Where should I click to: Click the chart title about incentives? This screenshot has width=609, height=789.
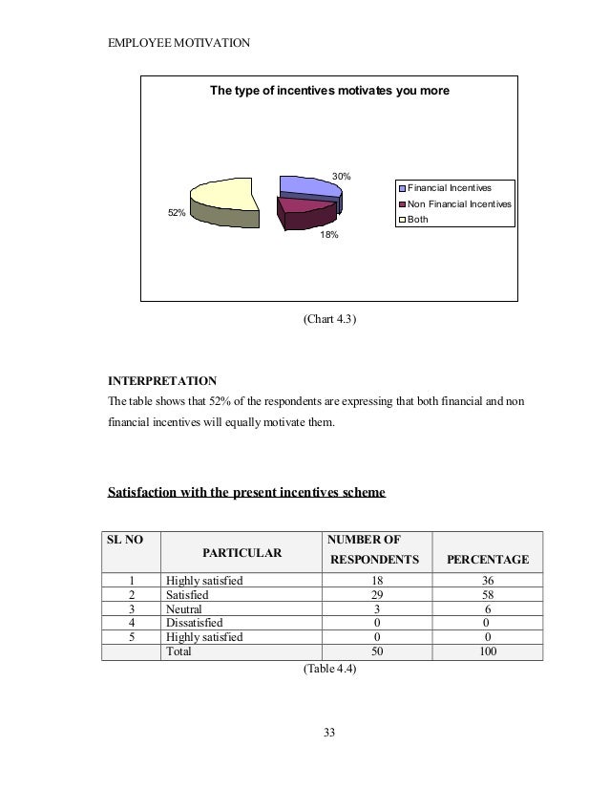[x=329, y=92]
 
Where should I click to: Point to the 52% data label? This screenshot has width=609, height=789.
[x=177, y=213]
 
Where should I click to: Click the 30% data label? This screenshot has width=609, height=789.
[x=341, y=176]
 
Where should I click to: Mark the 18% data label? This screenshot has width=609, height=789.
[x=329, y=233]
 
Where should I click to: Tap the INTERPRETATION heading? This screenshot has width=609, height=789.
[x=162, y=380]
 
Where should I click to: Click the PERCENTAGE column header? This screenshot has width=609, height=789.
[x=487, y=559]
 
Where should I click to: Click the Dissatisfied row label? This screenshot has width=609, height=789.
[x=194, y=623]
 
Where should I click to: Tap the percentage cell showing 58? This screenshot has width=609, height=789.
[x=487, y=593]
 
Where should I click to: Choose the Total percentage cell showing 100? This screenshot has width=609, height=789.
[x=487, y=651]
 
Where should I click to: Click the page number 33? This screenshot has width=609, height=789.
[x=329, y=734]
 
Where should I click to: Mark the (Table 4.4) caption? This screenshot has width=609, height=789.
[x=329, y=670]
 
